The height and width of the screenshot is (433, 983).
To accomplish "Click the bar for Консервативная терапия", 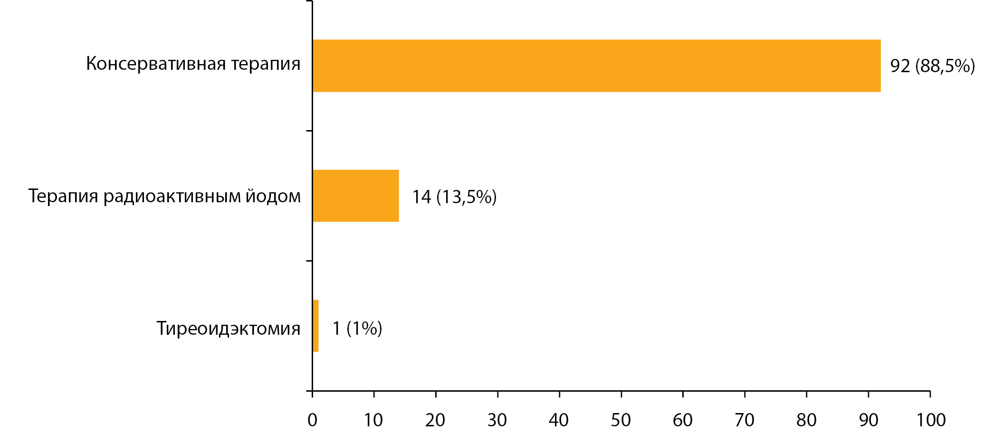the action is (x=597, y=66).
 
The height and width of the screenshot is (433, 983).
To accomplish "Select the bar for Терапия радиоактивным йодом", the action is (x=356, y=196).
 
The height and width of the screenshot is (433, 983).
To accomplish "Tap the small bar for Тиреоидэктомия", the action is (x=315, y=326).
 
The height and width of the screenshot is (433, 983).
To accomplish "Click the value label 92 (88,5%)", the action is (x=932, y=66).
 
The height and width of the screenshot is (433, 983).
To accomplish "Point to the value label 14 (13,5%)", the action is (x=454, y=197).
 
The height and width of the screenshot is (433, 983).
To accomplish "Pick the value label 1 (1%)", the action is (x=357, y=328).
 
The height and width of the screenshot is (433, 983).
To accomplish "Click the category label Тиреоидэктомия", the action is (x=229, y=328).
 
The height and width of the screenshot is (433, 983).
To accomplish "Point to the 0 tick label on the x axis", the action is (x=312, y=420).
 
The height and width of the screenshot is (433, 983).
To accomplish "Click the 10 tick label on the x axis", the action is (x=373, y=420).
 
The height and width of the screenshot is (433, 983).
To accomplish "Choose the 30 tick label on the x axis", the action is (x=497, y=420).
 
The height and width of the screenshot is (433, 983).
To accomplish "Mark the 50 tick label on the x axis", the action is (x=621, y=420).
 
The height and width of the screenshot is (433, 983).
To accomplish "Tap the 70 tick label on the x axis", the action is (x=744, y=420).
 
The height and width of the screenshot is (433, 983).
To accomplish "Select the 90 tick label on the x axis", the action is (x=868, y=420).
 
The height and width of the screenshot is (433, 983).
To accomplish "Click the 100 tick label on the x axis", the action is (x=931, y=420).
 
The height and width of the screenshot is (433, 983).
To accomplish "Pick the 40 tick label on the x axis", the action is (x=559, y=420).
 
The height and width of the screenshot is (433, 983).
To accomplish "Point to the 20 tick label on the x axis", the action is (x=435, y=420).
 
